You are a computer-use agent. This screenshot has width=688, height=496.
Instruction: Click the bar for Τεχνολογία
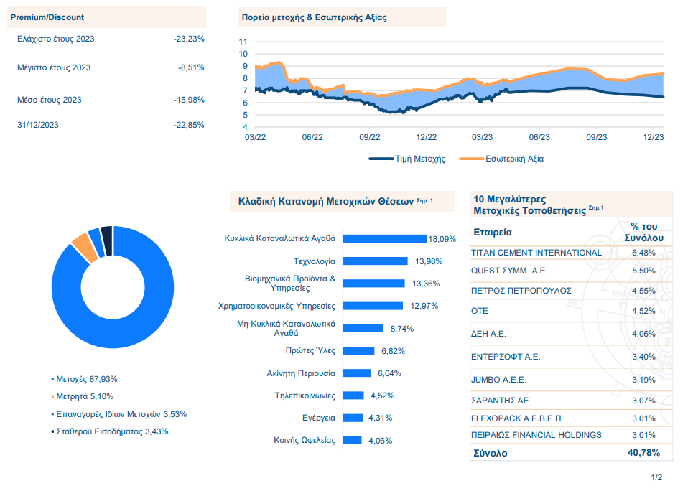376,261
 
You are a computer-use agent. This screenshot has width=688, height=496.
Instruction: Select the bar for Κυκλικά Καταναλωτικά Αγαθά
385,238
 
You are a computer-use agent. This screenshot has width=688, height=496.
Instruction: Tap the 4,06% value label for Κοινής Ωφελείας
380,441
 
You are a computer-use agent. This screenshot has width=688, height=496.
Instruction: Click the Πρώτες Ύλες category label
310,351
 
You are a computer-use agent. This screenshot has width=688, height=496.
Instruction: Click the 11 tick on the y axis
243,42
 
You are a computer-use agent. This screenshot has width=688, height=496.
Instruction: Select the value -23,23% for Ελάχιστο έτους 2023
189,39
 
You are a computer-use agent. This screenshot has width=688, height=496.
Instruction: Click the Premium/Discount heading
47,17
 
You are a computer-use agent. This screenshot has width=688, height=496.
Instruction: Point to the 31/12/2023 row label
38,125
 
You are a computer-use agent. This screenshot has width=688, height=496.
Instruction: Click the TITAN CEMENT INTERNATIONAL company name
536,253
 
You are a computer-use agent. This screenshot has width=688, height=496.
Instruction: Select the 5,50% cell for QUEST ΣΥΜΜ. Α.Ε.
644,271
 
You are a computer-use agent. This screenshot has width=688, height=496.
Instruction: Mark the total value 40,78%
644,453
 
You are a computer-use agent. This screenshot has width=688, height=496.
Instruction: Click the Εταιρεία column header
492,233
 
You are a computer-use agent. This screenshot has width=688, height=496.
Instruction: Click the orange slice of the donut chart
85,248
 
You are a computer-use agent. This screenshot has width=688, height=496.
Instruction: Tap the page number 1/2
656,477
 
